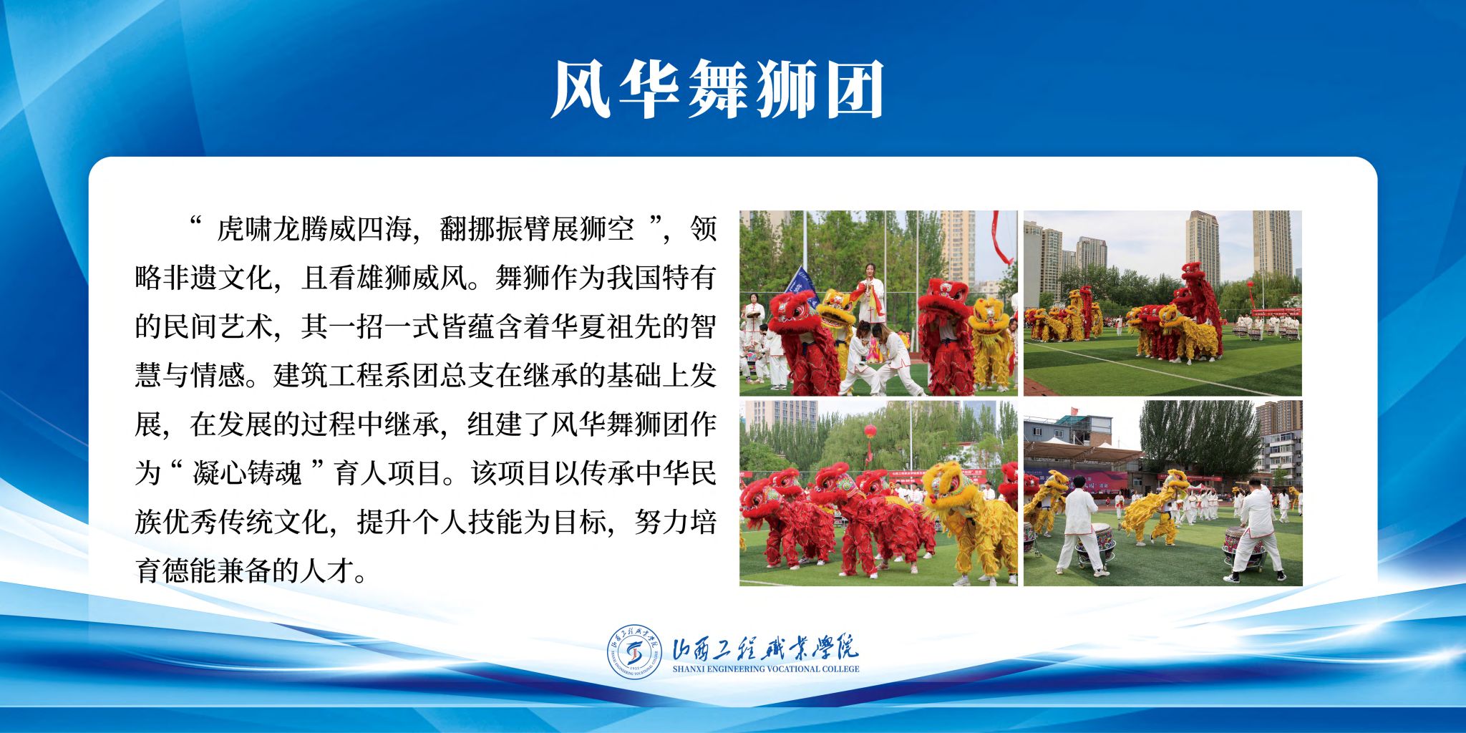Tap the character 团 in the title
[855, 89]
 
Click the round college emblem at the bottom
[635, 651]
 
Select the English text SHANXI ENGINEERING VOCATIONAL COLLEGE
[766, 669]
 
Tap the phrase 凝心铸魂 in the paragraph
[247, 474]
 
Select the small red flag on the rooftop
[1074, 412]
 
